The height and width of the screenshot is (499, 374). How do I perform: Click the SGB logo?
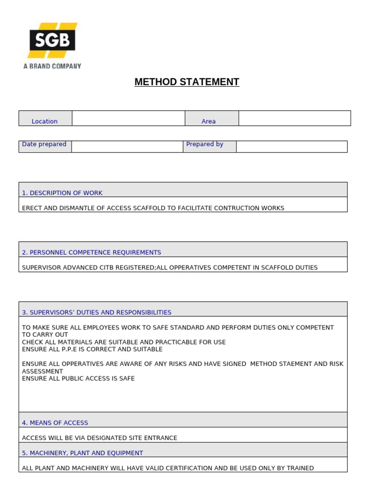pos(52,40)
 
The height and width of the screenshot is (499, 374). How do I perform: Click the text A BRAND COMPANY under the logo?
pos(52,66)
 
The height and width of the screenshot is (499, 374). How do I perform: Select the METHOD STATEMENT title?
pos(187,82)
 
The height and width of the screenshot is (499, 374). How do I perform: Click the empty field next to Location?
pos(128,118)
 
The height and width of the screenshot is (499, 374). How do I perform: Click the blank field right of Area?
pos(294,118)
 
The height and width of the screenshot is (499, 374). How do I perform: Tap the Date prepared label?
pos(44,144)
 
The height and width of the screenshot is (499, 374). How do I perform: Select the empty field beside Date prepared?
pos(127,147)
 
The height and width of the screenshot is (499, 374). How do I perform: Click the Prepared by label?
pos(205,144)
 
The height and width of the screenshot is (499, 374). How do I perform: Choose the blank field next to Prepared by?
pos(291,147)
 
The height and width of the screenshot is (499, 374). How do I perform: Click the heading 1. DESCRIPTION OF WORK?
pos(62,193)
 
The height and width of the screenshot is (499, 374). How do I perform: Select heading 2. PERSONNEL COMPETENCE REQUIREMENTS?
pos(92,252)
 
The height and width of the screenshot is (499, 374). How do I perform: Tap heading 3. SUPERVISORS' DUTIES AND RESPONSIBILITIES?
pos(96,312)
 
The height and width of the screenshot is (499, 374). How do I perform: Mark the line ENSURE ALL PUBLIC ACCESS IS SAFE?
pos(78,379)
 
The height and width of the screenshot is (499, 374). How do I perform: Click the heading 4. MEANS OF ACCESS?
pos(55,423)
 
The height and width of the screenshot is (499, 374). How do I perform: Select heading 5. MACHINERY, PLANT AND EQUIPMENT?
pos(83,453)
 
